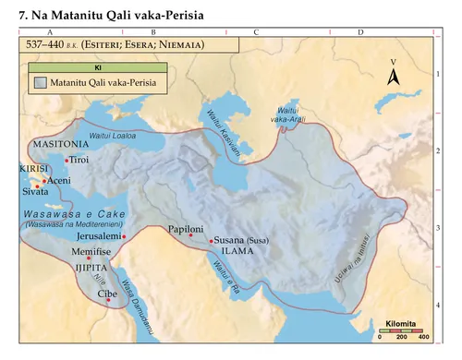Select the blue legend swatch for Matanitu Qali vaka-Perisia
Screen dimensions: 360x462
coord(41,83)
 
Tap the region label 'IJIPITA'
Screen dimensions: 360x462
coord(92,268)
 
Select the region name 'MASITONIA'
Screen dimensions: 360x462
coord(60,145)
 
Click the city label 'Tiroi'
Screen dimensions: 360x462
coord(80,160)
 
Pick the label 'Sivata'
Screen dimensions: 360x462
coord(36,192)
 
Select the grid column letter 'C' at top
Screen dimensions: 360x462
coord(255,33)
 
